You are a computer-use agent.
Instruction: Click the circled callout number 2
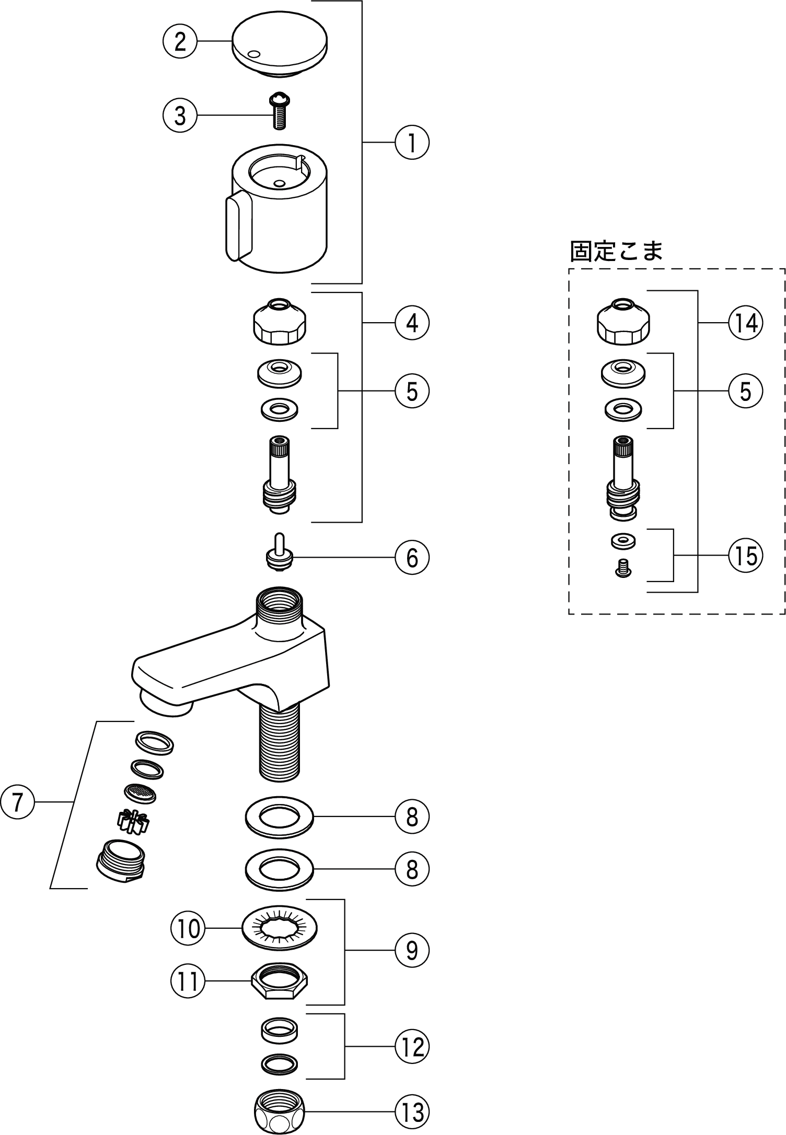pos(179,41)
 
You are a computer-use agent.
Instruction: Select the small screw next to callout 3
pos(280,111)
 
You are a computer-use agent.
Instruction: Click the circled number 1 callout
pos(412,142)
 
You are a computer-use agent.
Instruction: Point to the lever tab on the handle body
pos(239,226)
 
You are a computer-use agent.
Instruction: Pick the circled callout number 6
pos(412,558)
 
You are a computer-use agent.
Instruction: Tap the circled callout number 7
pos(17,801)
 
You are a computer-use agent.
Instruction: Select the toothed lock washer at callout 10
pos(280,928)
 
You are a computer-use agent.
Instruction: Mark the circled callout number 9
pos(412,951)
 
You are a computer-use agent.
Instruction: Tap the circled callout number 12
pos(412,1046)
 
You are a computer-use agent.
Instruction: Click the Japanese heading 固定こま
pos(616,252)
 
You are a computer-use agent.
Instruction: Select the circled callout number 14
pos(746,323)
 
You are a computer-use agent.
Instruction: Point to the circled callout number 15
pos(746,556)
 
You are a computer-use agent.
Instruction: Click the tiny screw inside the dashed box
pos(623,568)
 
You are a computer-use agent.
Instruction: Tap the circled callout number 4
pos(412,323)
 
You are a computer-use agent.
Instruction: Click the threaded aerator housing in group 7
pos(122,860)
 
